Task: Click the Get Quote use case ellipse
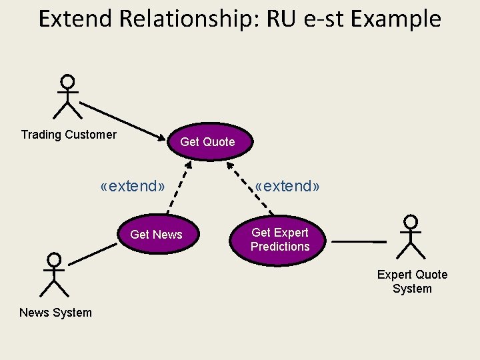(x=207, y=141)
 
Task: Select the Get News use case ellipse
(x=156, y=234)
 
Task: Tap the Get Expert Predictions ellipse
(x=280, y=239)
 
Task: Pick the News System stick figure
(x=54, y=275)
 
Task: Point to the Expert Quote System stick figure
(x=411, y=237)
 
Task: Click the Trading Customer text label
(x=69, y=135)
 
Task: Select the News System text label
(x=55, y=313)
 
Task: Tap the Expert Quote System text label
(x=412, y=281)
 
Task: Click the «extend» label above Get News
(x=132, y=186)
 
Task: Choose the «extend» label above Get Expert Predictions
(x=287, y=186)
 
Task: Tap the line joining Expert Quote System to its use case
(x=359, y=240)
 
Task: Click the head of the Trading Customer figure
(x=67, y=82)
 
